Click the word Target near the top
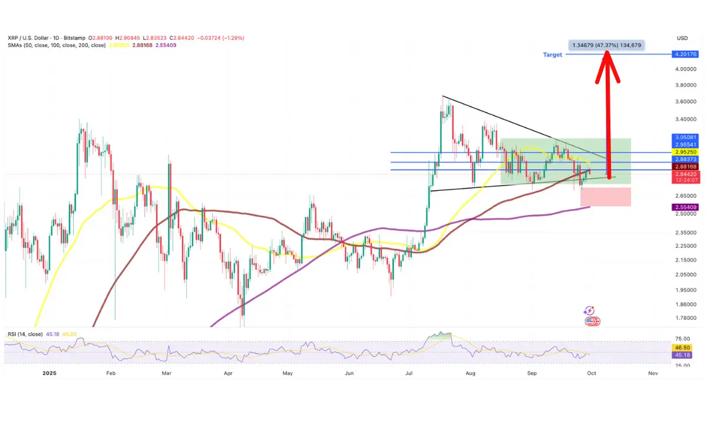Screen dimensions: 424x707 [553, 54]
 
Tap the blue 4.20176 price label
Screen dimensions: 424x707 [683, 54]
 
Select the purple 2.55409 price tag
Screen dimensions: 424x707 [683, 208]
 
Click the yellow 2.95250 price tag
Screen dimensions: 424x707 [683, 151]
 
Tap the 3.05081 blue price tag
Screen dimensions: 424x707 [683, 137]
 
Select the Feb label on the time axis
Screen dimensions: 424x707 [110, 373]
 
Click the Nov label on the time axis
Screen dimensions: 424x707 [652, 373]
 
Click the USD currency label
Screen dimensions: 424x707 [682, 38]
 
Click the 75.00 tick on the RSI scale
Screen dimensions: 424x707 [682, 339]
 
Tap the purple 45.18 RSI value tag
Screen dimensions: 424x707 [683, 355]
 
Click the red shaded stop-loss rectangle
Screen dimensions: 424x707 [606, 197]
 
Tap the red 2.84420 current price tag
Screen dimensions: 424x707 [683, 174]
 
